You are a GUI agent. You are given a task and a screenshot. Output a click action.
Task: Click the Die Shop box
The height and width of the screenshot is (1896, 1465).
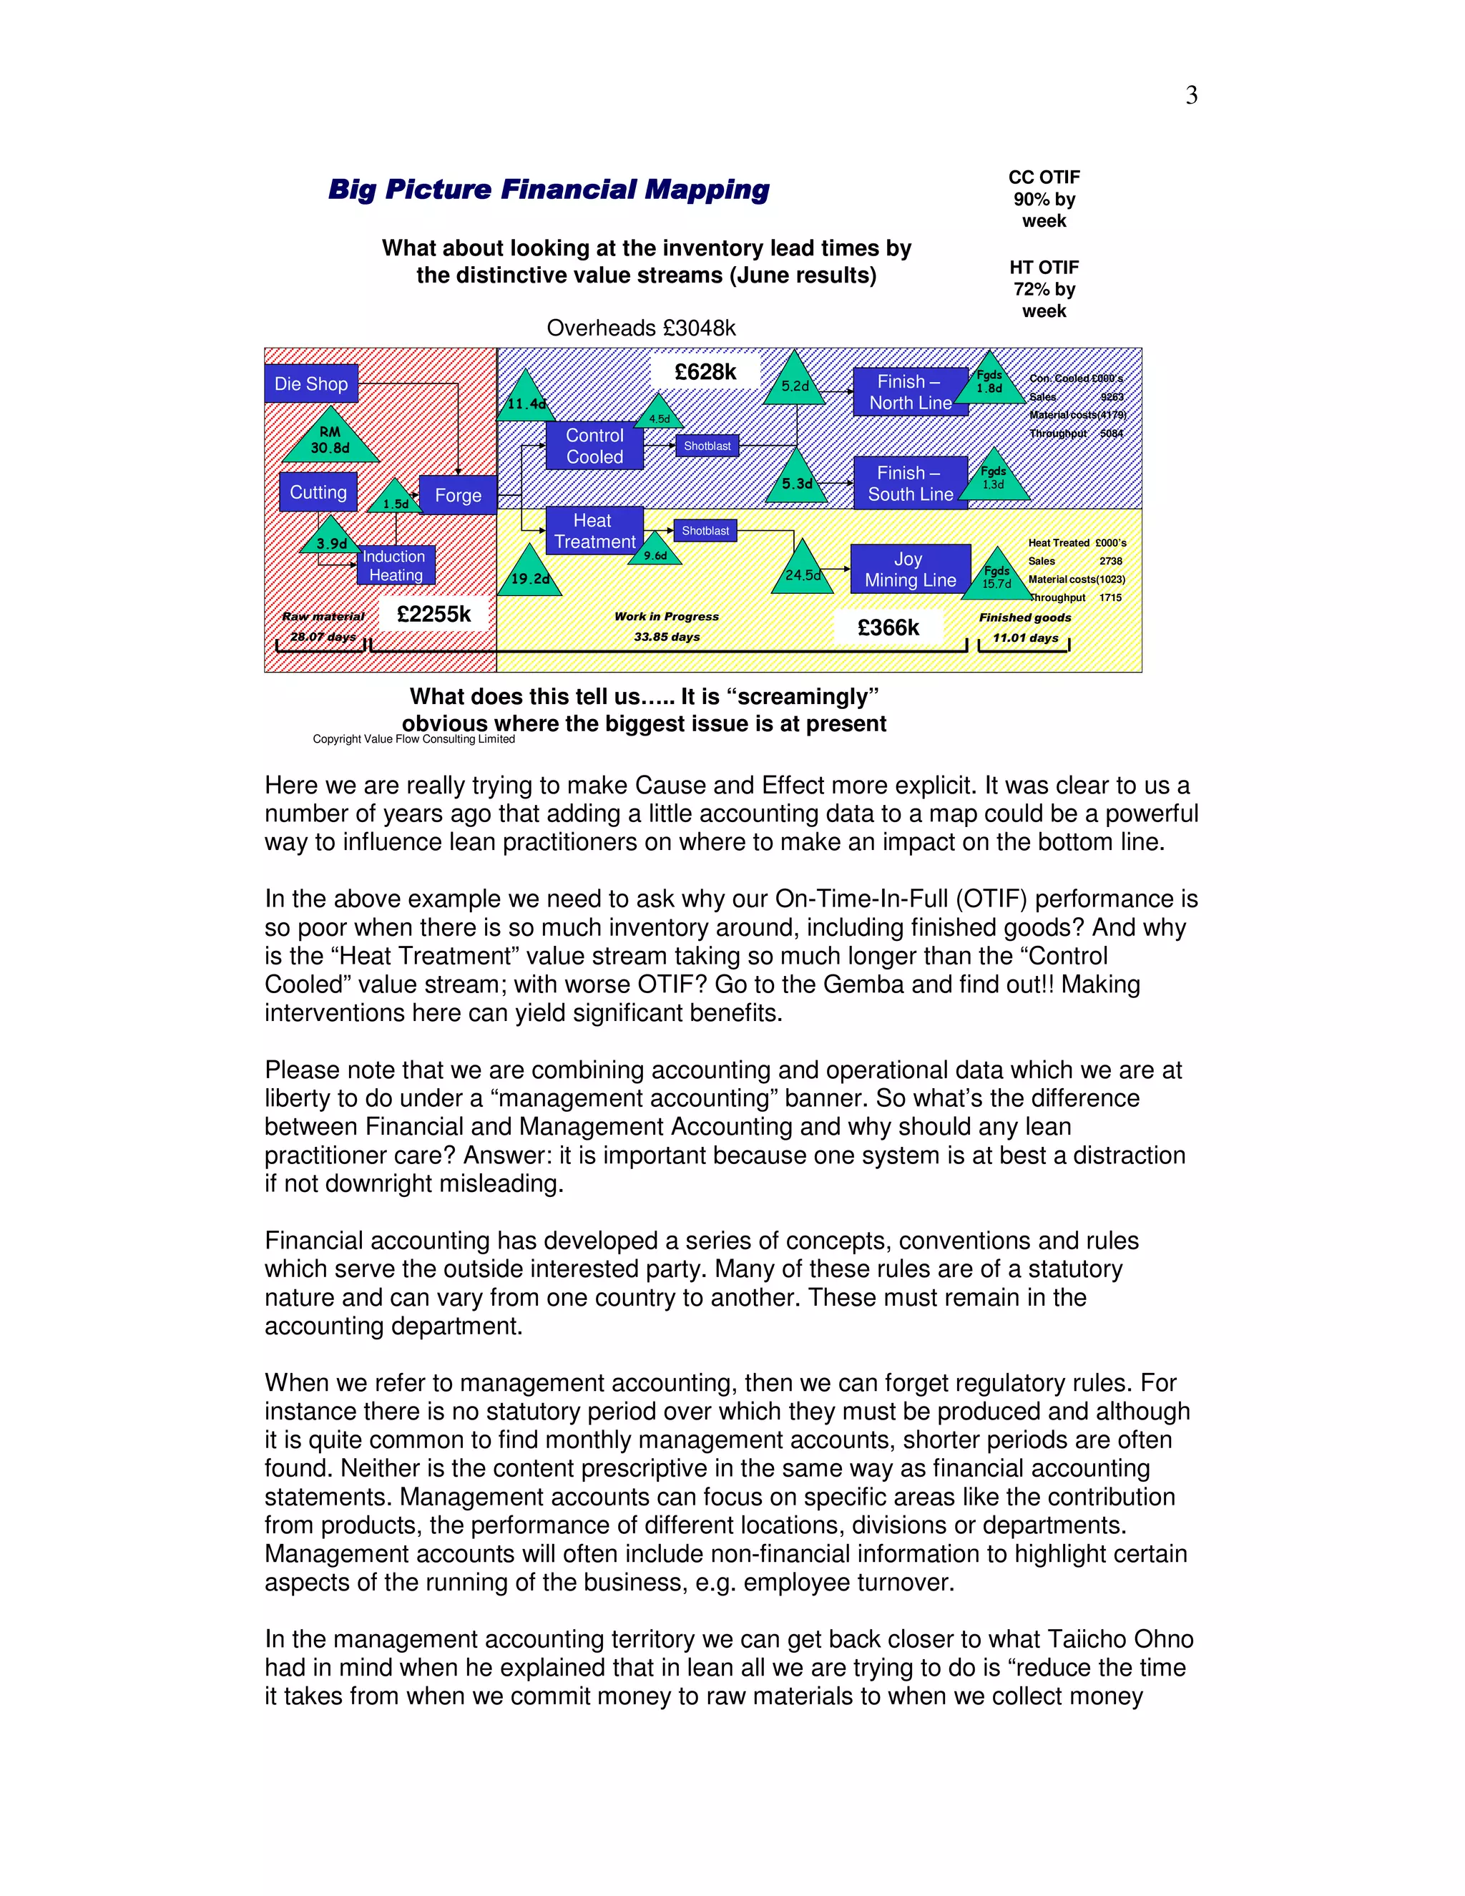pyautogui.click(x=310, y=383)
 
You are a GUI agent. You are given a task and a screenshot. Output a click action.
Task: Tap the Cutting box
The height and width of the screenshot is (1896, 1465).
pyautogui.click(x=318, y=492)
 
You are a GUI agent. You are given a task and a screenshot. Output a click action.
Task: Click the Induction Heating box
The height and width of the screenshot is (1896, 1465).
pyautogui.click(x=396, y=565)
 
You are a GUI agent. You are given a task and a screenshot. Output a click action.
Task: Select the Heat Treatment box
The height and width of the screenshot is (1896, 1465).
pyautogui.click(x=594, y=530)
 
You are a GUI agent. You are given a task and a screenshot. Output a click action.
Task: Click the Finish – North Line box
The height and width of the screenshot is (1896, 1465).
pyautogui.click(x=910, y=391)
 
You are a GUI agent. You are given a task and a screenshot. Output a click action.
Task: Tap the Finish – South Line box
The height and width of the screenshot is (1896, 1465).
pyautogui.click(x=910, y=483)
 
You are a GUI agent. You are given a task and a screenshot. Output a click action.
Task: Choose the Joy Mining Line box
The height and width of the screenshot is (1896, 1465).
pyautogui.click(x=910, y=569)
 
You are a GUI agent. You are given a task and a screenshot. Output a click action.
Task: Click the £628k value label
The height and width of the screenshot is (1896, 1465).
pyautogui.click(x=705, y=371)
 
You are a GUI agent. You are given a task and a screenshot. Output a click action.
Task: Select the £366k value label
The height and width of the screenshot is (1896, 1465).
pyautogui.click(x=888, y=627)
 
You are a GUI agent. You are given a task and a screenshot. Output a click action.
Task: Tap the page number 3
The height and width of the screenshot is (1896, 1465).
pyautogui.click(x=1192, y=94)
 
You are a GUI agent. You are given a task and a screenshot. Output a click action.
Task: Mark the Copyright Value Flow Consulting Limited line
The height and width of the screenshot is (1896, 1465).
pyautogui.click(x=413, y=739)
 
